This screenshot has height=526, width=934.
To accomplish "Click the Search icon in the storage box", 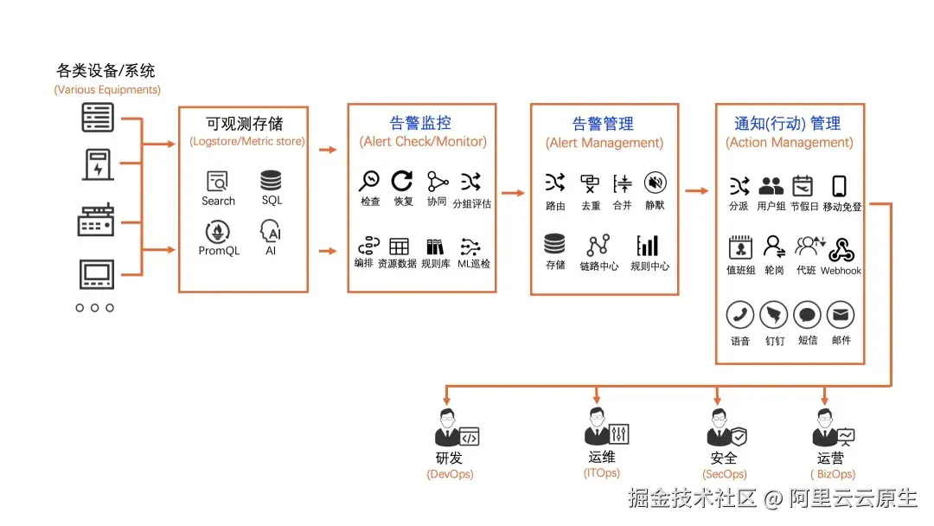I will pyautogui.click(x=217, y=182).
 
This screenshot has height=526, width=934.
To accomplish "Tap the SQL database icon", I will pyautogui.click(x=272, y=181).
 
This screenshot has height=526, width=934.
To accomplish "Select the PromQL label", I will pyautogui.click(x=219, y=251).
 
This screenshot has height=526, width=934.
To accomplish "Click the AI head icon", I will pyautogui.click(x=271, y=231).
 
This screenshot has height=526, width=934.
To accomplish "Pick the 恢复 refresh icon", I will pyautogui.click(x=402, y=181).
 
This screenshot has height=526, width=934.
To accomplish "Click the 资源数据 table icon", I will pyautogui.click(x=399, y=247).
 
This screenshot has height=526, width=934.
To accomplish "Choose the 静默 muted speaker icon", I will pyautogui.click(x=656, y=183).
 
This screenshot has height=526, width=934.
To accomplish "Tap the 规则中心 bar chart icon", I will pyautogui.click(x=648, y=246).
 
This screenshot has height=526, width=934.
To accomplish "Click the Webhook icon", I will pyautogui.click(x=841, y=250).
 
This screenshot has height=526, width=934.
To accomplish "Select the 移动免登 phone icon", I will pyautogui.click(x=839, y=186).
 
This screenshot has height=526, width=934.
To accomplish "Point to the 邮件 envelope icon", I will pyautogui.click(x=841, y=315).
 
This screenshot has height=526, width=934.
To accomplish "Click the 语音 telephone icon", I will pyautogui.click(x=739, y=315).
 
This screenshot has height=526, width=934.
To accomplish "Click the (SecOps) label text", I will pyautogui.click(x=724, y=474).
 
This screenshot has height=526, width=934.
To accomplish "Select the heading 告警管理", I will pyautogui.click(x=603, y=124).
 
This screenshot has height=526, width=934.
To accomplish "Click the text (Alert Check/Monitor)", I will pyautogui.click(x=423, y=141).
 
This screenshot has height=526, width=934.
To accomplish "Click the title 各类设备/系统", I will pyautogui.click(x=106, y=71).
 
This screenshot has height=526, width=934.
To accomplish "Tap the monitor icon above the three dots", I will pyautogui.click(x=96, y=274).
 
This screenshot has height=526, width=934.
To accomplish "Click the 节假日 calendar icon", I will pyautogui.click(x=803, y=185).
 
